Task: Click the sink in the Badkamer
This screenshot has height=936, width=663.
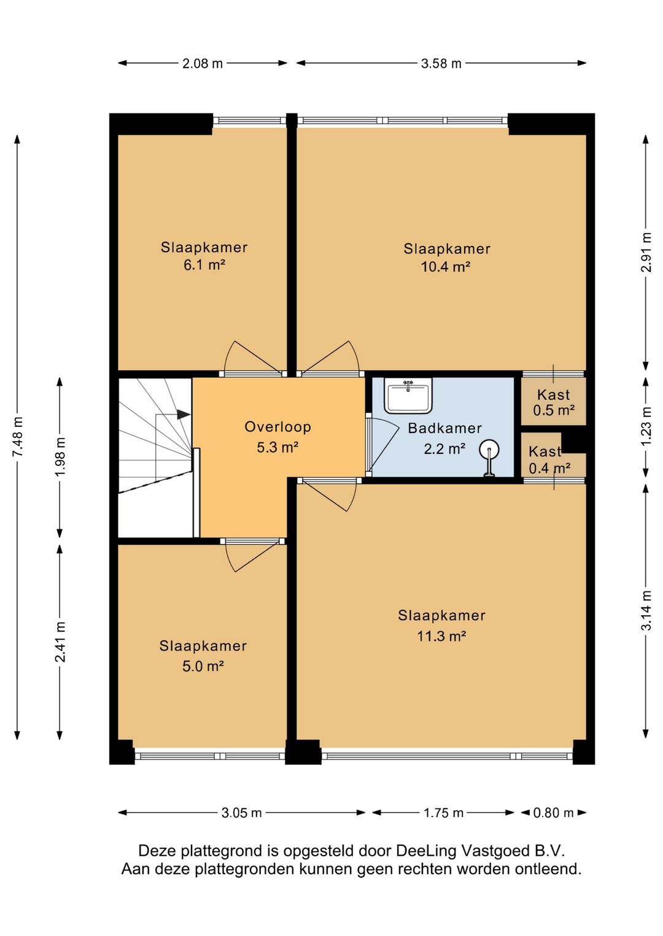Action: (408, 396)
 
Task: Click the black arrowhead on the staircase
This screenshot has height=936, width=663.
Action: (184, 415)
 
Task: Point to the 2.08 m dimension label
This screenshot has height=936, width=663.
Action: (203, 64)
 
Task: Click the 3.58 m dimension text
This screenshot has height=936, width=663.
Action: (441, 64)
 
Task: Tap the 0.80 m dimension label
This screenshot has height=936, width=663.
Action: (553, 813)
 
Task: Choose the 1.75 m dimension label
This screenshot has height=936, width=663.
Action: (443, 813)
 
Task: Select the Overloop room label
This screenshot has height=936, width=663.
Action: (277, 427)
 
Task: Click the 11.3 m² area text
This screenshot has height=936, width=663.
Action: (441, 637)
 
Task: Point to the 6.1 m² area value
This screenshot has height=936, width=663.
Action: (204, 265)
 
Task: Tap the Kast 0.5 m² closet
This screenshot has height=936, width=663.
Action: (553, 402)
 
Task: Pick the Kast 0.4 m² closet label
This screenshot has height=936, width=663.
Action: (549, 460)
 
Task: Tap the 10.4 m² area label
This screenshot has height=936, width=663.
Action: (446, 266)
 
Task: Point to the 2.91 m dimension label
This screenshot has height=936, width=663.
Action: (646, 252)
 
